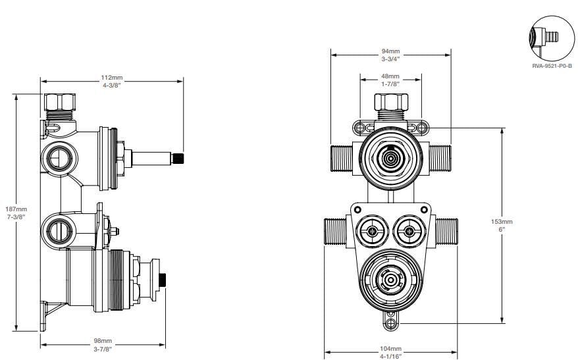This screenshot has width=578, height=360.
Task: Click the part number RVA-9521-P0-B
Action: tap(552, 66)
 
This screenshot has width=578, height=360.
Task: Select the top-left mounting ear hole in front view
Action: tap(359, 127)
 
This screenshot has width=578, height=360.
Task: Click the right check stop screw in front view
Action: tap(409, 232)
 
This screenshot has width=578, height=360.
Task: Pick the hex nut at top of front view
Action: tap(391, 103)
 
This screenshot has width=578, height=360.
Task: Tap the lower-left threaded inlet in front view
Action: tap(335, 232)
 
